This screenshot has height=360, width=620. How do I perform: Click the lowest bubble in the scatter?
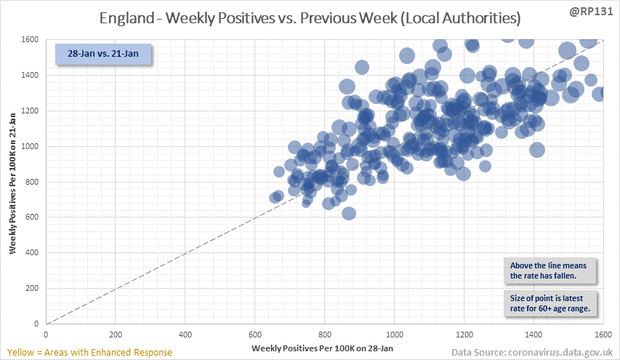pyautogui.click(x=349, y=213)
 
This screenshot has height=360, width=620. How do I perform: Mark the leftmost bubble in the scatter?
pyautogui.click(x=275, y=198)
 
